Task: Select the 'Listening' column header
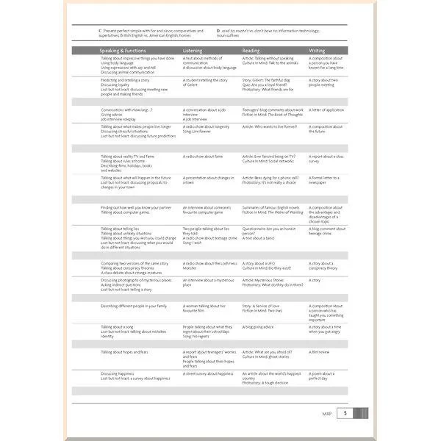click(x=193, y=50)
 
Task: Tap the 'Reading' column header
click(x=251, y=50)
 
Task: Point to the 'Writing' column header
click(x=318, y=50)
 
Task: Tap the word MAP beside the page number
click(x=327, y=415)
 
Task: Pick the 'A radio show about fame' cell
click(x=203, y=156)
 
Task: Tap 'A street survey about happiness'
click(x=208, y=373)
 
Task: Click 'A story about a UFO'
click(x=261, y=262)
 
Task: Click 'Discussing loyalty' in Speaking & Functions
click(x=115, y=85)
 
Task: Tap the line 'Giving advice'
click(x=112, y=114)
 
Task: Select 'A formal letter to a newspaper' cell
click(x=326, y=180)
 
